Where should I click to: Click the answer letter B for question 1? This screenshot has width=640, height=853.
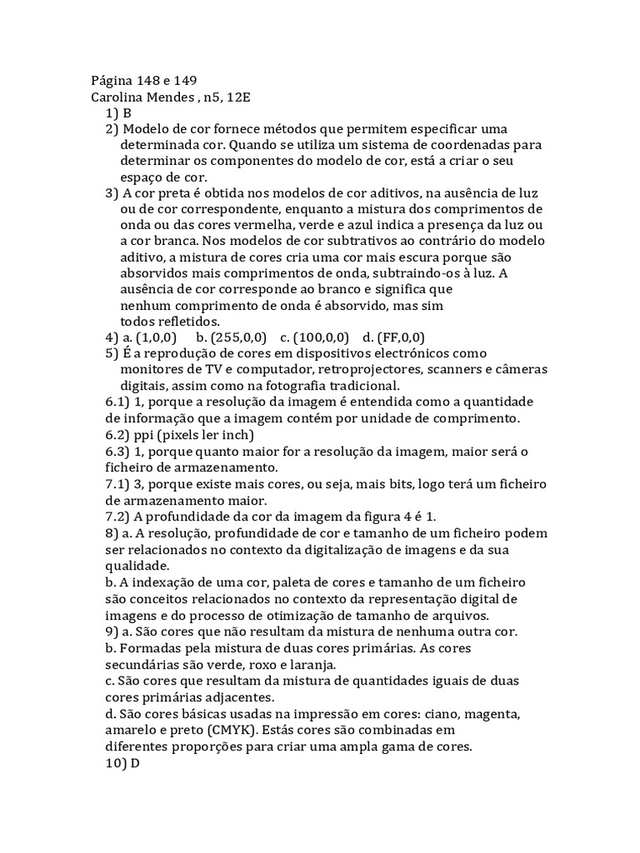[127, 113]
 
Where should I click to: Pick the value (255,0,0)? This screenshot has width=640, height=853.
[238, 337]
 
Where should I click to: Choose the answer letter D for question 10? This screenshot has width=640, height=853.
[131, 762]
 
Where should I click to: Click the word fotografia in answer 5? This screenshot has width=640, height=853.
[302, 386]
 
